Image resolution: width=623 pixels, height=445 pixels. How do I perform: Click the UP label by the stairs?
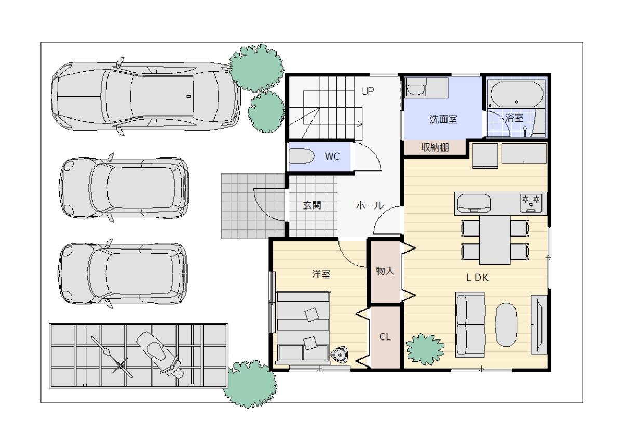pyautogui.click(x=368, y=91)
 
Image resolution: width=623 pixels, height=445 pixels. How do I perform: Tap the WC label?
pyautogui.click(x=332, y=156)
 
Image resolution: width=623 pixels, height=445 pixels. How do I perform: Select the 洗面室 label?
pyautogui.click(x=443, y=120)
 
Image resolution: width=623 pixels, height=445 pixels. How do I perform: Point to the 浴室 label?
pyautogui.click(x=514, y=118)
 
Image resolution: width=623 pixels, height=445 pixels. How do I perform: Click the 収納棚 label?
pyautogui.click(x=435, y=147)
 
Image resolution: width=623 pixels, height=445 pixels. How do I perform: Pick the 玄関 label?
pyautogui.click(x=312, y=205)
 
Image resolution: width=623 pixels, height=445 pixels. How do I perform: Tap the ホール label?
pyautogui.click(x=370, y=205)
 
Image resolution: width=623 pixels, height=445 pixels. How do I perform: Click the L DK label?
pyautogui.click(x=477, y=278)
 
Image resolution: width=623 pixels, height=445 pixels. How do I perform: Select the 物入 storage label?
pyautogui.click(x=385, y=271)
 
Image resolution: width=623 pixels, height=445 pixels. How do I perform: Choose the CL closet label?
pyautogui.click(x=385, y=337)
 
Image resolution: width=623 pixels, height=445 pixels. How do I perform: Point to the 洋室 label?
pyautogui.click(x=321, y=274)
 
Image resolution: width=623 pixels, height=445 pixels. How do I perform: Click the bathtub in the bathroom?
pyautogui.click(x=517, y=94)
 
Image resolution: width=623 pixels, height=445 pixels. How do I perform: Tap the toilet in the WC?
pyautogui.click(x=302, y=157)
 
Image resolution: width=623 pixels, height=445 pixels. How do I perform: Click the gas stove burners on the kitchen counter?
pyautogui.click(x=531, y=203)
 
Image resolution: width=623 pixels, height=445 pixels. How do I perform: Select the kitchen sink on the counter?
pyautogui.click(x=474, y=203)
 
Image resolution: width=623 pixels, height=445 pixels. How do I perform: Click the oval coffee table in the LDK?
pyautogui.click(x=506, y=324)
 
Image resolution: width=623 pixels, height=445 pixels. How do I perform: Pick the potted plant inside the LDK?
pyautogui.click(x=425, y=349)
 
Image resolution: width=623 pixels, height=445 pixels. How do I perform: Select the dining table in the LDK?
pyautogui.click(x=495, y=240)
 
